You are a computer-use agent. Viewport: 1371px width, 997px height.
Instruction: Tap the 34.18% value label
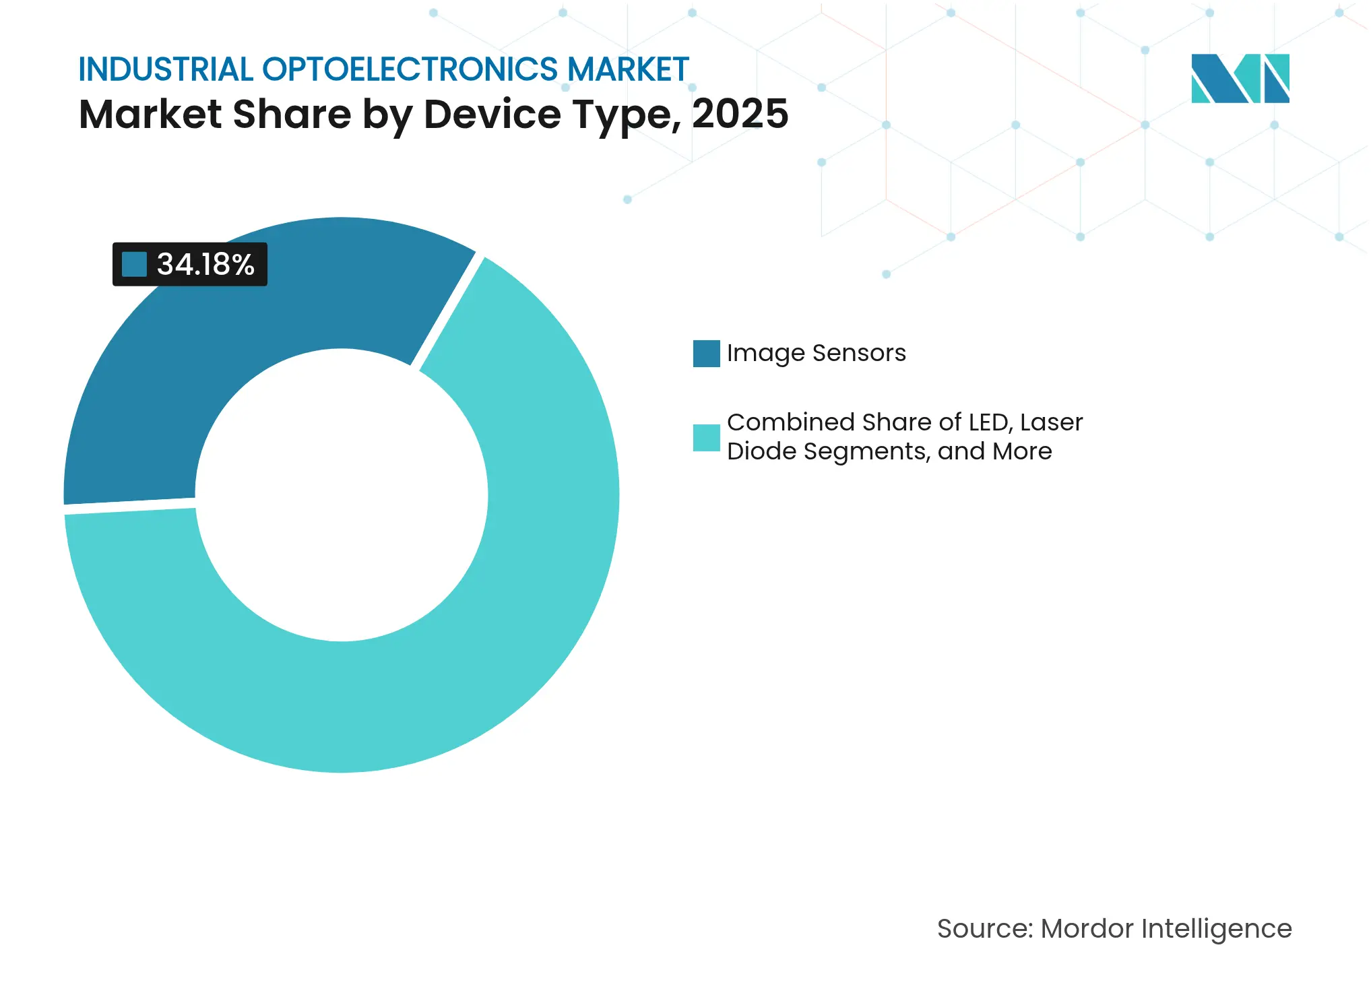(205, 264)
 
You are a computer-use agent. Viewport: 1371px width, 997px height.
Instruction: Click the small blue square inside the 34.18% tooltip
(134, 264)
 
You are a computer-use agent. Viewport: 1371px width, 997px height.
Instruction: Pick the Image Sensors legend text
(816, 353)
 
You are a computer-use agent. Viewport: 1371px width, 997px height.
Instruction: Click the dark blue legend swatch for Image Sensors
(706, 354)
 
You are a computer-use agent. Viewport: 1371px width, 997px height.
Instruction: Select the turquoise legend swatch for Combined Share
(706, 437)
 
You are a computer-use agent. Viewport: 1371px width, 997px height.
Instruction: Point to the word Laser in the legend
(1051, 422)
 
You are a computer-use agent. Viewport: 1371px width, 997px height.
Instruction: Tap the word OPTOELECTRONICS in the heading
(410, 69)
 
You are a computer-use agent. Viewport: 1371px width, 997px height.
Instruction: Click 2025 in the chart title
(740, 114)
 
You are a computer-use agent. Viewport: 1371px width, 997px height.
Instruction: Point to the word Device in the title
(492, 114)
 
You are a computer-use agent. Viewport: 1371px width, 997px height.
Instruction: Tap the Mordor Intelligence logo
(1240, 78)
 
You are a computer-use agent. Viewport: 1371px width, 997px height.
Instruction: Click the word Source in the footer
(982, 929)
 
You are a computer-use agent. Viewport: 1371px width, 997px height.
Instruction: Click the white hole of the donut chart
(342, 495)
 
